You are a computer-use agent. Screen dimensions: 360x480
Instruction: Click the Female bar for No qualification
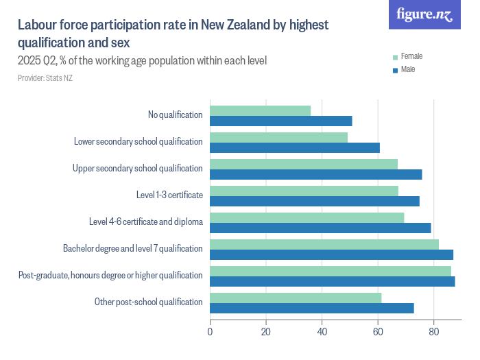(260, 110)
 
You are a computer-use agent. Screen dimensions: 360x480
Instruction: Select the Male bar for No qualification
(280, 121)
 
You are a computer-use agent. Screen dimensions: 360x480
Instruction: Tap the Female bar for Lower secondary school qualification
(278, 137)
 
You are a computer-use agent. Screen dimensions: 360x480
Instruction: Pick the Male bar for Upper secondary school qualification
(315, 174)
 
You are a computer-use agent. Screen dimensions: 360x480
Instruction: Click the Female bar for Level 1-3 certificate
(304, 191)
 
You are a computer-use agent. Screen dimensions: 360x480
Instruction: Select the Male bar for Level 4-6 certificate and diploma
(320, 228)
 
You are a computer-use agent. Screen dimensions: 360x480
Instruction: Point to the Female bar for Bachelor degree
(324, 244)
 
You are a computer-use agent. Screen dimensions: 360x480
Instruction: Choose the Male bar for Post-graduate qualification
(332, 281)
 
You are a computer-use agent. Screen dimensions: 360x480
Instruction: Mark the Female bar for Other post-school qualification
(296, 298)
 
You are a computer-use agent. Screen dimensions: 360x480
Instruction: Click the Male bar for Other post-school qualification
(311, 308)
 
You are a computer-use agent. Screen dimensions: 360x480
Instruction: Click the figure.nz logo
(425, 15)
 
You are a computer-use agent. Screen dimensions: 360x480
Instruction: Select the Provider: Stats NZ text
(45, 78)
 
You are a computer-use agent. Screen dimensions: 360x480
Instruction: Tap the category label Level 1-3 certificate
(169, 195)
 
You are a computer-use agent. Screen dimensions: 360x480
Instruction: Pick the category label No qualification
(175, 115)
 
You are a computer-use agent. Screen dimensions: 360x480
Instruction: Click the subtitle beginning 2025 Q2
(142, 61)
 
